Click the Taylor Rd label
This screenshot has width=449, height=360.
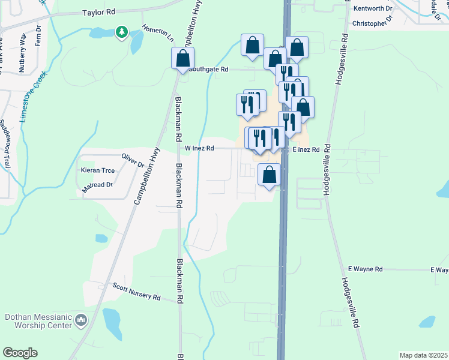99,12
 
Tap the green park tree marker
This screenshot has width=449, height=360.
122,31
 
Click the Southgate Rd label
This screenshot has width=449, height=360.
208,70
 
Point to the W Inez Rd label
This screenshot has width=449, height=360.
199,148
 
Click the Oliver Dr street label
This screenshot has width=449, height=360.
133,161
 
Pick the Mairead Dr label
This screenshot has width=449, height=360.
97,185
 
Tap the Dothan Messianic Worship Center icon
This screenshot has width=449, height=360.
81,324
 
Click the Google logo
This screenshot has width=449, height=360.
20,353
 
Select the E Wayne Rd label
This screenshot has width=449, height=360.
365,270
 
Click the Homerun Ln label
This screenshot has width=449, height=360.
158,33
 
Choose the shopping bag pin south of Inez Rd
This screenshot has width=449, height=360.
270,175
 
